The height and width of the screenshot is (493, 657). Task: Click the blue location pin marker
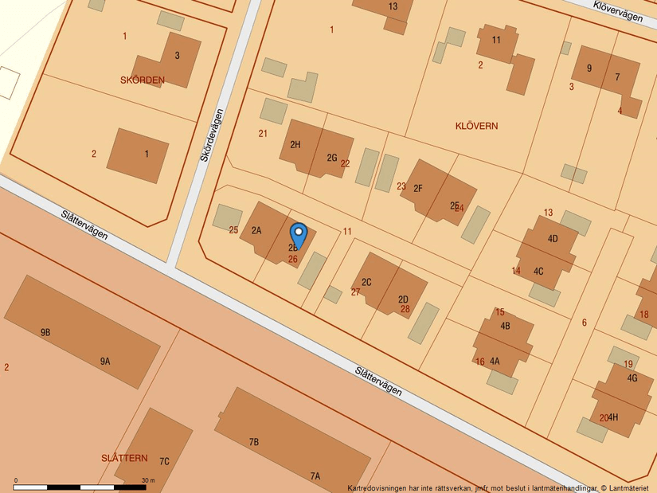click(x=299, y=235)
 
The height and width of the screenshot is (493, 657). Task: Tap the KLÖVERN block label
click(x=476, y=126)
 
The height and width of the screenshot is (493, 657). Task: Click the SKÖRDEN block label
click(x=143, y=80)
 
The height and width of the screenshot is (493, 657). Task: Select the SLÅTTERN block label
click(x=124, y=458)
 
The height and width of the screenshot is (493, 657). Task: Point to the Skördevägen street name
click(x=211, y=135)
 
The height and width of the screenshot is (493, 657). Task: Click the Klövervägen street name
click(x=618, y=11)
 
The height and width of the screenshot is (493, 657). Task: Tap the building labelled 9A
click(x=105, y=362)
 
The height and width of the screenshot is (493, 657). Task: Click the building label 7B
click(x=254, y=441)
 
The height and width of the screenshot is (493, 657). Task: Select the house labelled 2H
click(x=295, y=145)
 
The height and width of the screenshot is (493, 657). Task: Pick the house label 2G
click(x=332, y=158)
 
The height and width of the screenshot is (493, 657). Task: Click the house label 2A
click(x=256, y=231)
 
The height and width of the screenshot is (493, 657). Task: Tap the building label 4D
click(x=553, y=239)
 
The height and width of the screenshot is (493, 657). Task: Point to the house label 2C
click(x=366, y=282)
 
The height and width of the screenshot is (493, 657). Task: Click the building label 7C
click(x=164, y=461)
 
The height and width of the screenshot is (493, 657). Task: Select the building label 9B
click(x=45, y=332)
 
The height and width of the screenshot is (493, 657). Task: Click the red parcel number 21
click(x=263, y=133)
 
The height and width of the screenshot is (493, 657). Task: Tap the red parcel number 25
click(x=233, y=230)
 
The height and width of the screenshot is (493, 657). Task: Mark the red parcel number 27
click(x=355, y=292)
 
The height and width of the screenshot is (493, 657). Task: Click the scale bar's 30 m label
click(x=148, y=480)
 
